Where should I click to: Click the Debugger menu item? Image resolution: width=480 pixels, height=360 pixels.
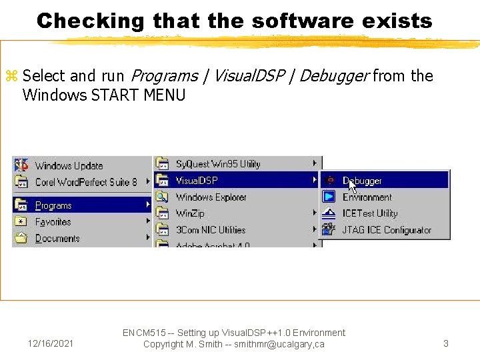click(x=363, y=181)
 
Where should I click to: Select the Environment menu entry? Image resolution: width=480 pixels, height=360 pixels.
click(x=367, y=197)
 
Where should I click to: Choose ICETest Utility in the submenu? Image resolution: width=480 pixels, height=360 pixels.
click(x=369, y=213)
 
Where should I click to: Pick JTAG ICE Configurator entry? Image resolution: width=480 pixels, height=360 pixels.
click(x=387, y=230)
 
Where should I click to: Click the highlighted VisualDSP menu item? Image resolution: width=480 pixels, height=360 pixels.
click(x=197, y=180)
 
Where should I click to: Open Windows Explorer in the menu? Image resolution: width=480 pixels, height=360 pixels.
click(x=211, y=197)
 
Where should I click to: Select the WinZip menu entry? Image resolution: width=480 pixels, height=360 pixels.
click(x=190, y=213)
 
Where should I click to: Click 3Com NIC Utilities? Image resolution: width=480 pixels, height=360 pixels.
click(x=211, y=230)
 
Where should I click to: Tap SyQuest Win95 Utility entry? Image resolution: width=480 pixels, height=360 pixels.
click(x=218, y=164)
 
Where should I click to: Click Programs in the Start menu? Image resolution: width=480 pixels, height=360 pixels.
click(x=53, y=205)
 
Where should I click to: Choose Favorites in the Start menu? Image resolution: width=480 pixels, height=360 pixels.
click(x=53, y=222)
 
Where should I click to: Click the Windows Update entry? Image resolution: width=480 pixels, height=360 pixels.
click(x=69, y=165)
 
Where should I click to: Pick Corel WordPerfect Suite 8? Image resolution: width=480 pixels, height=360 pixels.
click(x=86, y=181)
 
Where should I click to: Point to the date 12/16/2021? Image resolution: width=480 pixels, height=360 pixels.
click(x=51, y=344)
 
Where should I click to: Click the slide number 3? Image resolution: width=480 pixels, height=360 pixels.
click(x=446, y=344)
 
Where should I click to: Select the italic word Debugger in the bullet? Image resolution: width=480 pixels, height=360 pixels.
click(x=334, y=76)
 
